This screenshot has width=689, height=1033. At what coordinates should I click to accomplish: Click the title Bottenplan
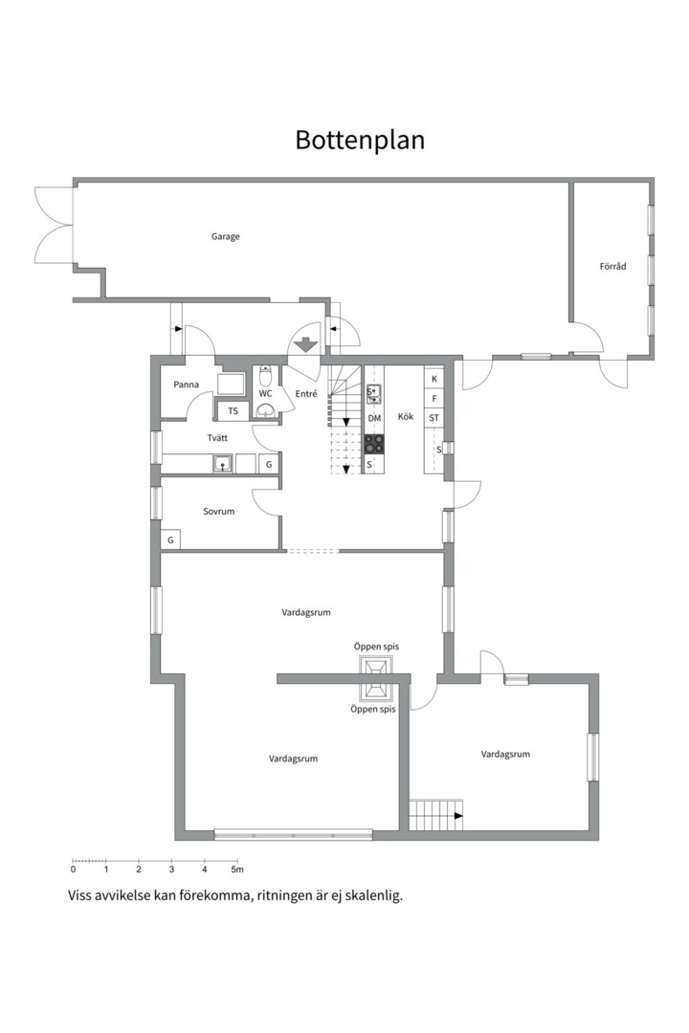(x=360, y=141)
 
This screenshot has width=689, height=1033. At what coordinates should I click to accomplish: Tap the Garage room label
(x=226, y=236)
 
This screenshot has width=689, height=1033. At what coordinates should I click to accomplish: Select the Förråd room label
(x=612, y=266)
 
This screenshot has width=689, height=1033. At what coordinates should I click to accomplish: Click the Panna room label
(x=186, y=385)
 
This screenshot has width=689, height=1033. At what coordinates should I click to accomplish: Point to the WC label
(x=265, y=394)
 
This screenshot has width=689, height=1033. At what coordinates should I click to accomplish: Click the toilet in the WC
(x=265, y=377)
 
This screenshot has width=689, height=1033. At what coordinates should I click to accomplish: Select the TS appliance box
(x=233, y=411)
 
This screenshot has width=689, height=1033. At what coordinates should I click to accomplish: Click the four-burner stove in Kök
(x=374, y=444)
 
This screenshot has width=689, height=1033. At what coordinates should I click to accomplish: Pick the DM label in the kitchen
(x=374, y=418)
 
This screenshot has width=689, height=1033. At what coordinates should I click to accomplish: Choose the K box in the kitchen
(x=433, y=379)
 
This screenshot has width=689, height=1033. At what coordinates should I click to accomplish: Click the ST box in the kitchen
(x=433, y=418)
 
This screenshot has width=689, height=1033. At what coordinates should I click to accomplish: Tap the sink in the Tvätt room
(x=223, y=464)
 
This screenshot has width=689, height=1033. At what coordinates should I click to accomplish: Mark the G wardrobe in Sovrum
(x=170, y=540)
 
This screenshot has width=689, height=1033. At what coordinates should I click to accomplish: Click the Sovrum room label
(x=218, y=511)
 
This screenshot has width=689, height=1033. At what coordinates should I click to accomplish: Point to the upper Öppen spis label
(x=376, y=647)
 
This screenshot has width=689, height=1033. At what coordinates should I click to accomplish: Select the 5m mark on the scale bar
(x=237, y=869)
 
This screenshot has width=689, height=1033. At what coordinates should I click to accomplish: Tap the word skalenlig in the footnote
(x=373, y=896)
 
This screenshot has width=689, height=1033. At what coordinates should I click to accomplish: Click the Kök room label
(x=406, y=416)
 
